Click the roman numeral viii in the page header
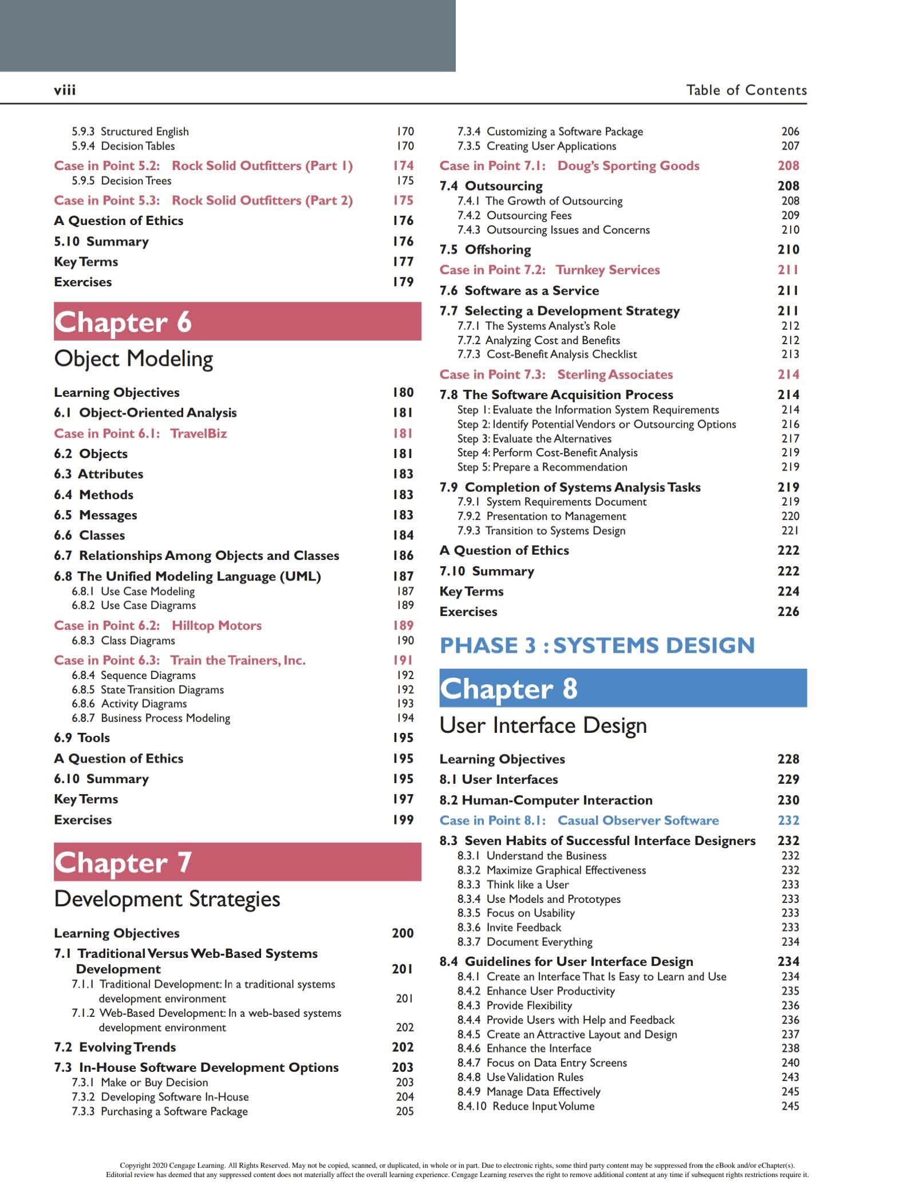coord(65,90)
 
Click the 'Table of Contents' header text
coord(746,90)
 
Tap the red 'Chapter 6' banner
coord(237,322)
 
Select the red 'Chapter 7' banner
coord(237,862)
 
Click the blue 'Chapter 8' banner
coord(622,688)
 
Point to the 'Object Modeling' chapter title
coord(133,359)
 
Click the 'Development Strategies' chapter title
coord(167,899)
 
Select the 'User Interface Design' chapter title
coord(543,725)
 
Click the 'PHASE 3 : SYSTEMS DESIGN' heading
coord(597,645)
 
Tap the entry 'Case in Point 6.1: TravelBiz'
coord(140,433)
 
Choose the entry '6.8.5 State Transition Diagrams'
coord(148,689)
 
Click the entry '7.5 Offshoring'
coord(485,250)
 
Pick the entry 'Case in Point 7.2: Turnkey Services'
coord(549,270)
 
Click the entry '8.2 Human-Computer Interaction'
coord(546,800)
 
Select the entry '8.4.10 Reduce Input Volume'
coord(526,1106)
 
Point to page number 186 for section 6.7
coord(403,555)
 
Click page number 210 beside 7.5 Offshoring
coord(788,250)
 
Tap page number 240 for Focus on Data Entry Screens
coord(790,1063)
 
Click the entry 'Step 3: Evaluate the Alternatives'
coord(534,439)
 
